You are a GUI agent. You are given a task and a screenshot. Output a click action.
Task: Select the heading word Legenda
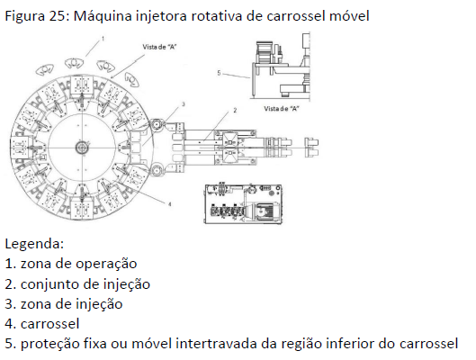click(34, 244)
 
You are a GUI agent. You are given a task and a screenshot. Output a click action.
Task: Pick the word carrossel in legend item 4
click(49, 324)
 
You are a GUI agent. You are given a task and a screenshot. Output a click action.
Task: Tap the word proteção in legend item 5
click(49, 345)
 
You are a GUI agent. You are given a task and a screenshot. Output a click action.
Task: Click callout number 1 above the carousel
click(103, 39)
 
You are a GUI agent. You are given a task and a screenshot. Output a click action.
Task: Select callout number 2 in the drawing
click(235, 110)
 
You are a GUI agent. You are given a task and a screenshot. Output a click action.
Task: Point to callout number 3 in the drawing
click(183, 104)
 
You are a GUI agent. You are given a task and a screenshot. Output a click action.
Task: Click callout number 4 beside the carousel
click(170, 204)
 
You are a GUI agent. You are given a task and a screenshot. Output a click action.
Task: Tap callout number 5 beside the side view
click(219, 73)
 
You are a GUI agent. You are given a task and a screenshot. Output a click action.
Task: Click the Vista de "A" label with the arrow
click(159, 47)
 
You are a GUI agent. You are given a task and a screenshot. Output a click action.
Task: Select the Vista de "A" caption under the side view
click(281, 109)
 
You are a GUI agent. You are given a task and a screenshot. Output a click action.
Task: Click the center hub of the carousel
click(81, 148)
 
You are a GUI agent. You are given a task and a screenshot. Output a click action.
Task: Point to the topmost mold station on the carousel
click(81, 86)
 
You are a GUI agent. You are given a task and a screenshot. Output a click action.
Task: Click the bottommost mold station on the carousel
click(81, 208)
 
